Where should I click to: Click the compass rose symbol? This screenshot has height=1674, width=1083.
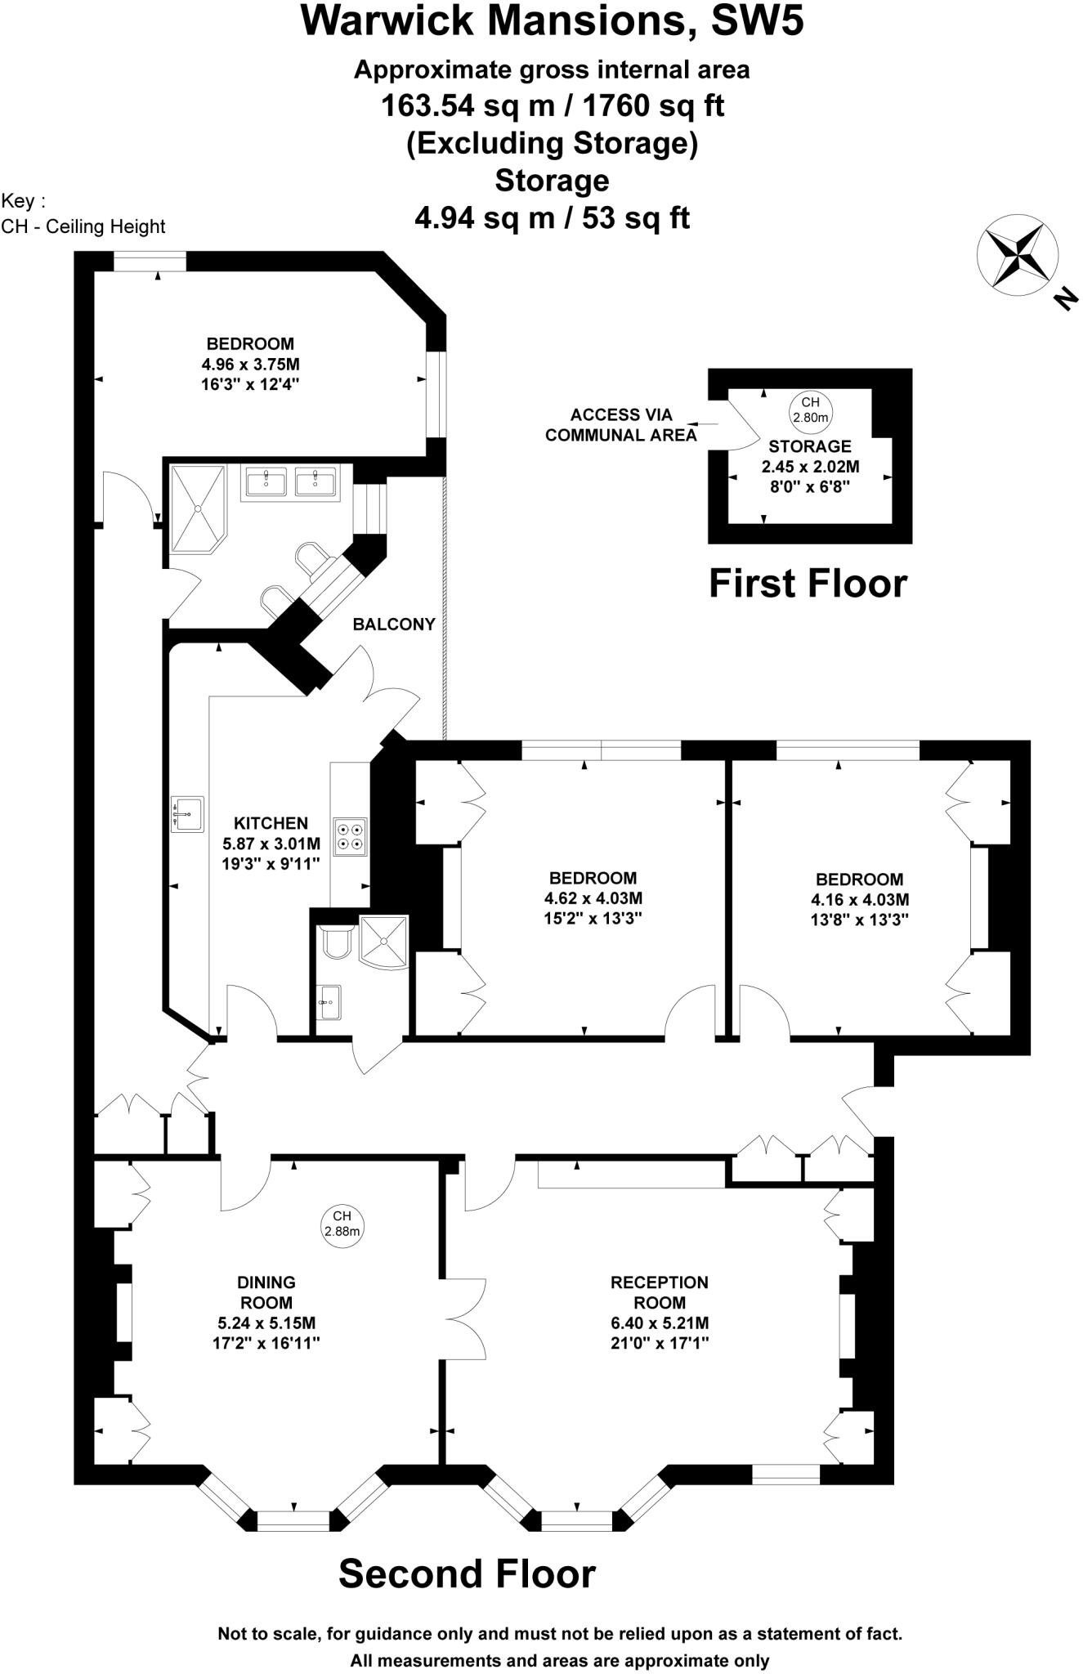click(1017, 255)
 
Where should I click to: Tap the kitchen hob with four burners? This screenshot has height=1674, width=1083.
click(351, 836)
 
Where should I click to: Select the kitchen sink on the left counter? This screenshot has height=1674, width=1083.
click(187, 813)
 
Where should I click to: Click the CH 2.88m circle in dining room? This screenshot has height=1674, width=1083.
click(342, 1224)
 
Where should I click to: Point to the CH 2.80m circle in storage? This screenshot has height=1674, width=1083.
click(809, 410)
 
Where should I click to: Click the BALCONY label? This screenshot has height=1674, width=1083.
click(393, 624)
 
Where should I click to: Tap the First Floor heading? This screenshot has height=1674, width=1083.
click(808, 584)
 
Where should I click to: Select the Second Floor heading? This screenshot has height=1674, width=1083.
click(467, 1573)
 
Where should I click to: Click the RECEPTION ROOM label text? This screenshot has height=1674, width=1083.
click(659, 1292)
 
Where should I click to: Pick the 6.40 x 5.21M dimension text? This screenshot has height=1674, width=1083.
click(659, 1323)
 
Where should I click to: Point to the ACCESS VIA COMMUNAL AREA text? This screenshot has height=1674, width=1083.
click(620, 425)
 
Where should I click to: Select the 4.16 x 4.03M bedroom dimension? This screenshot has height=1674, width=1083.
click(859, 899)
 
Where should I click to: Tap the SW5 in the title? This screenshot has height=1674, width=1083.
click(757, 21)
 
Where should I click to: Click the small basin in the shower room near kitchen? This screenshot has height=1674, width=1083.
click(329, 1000)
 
